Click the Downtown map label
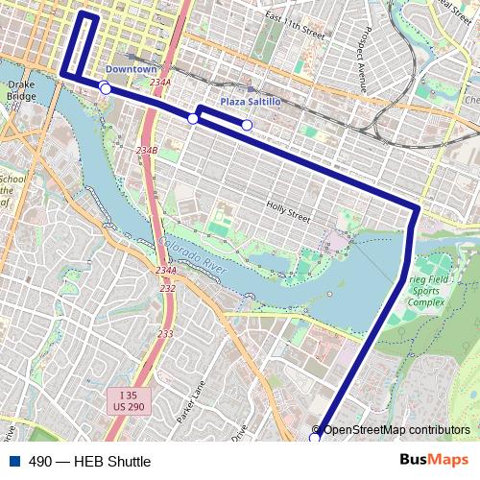(x=131, y=69)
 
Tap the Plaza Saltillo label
(x=250, y=101)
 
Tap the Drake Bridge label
(x=20, y=90)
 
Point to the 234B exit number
(x=147, y=151)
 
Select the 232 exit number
(x=168, y=288)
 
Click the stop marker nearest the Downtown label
(x=104, y=89)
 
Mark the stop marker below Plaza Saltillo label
(x=247, y=125)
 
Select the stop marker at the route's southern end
(x=315, y=438)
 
